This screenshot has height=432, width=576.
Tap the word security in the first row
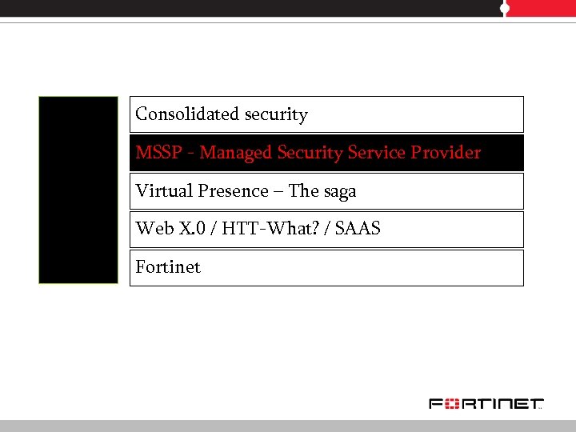point(276,115)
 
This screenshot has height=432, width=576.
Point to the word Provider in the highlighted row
point(449,153)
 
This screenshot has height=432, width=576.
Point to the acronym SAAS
point(358,229)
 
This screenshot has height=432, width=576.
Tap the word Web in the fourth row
point(152,229)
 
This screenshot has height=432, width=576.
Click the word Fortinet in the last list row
point(168,267)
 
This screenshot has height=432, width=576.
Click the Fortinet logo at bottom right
point(486,403)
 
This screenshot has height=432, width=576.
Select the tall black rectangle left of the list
point(78,190)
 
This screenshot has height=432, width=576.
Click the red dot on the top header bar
point(505,8)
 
